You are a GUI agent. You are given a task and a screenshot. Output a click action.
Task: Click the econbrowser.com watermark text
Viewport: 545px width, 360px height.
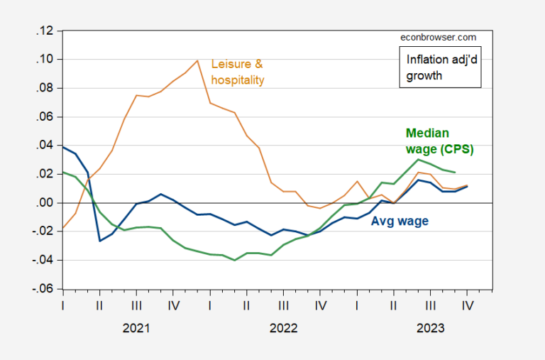pyautogui.click(x=438, y=38)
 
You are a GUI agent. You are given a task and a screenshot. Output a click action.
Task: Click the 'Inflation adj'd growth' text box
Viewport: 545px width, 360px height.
pyautogui.click(x=439, y=67)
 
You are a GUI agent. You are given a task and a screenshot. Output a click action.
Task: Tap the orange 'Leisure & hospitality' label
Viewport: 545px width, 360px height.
pyautogui.click(x=238, y=72)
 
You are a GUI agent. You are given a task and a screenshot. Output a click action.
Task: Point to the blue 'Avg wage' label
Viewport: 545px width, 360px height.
pyautogui.click(x=400, y=221)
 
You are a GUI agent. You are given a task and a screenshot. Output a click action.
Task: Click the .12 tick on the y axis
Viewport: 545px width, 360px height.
pyautogui.click(x=46, y=31)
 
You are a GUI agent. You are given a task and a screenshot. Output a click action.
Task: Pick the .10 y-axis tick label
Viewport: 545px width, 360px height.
pyautogui.click(x=46, y=60)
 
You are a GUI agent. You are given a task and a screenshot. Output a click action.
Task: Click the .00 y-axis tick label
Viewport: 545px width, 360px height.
pyautogui.click(x=46, y=203)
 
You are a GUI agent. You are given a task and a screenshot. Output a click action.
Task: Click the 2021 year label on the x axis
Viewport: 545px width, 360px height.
pyautogui.click(x=136, y=328)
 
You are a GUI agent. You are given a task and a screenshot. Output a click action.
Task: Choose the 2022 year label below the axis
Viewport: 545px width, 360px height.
pyautogui.click(x=283, y=328)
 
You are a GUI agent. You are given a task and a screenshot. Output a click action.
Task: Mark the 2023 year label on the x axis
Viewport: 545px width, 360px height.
pyautogui.click(x=430, y=328)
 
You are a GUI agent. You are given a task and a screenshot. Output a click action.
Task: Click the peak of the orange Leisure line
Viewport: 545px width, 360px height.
pyautogui.click(x=197, y=60)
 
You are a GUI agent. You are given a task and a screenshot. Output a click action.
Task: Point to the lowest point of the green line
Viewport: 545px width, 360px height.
pyautogui.click(x=235, y=261)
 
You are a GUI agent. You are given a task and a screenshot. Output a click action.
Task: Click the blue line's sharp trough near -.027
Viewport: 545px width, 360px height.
pyautogui.click(x=100, y=241)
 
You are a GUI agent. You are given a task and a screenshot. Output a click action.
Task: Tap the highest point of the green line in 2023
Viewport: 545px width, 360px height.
pyautogui.click(x=418, y=159)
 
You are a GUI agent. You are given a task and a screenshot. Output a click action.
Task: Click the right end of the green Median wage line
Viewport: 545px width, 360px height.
pyautogui.click(x=455, y=173)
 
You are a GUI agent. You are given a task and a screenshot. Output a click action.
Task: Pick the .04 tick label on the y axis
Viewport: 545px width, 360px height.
pyautogui.click(x=46, y=146)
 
